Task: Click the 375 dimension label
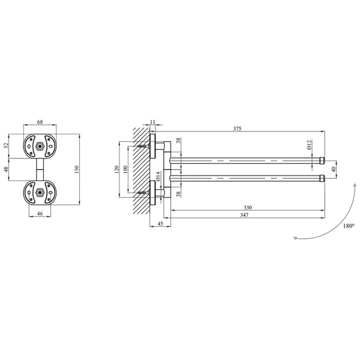[237, 128]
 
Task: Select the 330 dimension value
[247, 208]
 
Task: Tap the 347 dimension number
[244, 215]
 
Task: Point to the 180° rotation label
[349, 226]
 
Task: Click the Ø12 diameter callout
[309, 145]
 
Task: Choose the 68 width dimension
[40, 122]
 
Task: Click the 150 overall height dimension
[77, 169]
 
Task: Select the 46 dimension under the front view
[40, 214]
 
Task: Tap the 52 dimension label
[6, 146]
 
